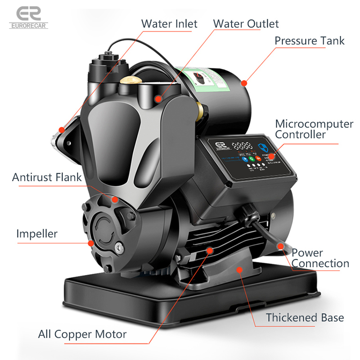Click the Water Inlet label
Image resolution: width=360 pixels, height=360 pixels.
pyautogui.click(x=169, y=24)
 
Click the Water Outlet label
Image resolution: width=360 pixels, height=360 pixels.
pyautogui.click(x=246, y=24)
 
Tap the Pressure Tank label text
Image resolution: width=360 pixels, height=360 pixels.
pyautogui.click(x=310, y=41)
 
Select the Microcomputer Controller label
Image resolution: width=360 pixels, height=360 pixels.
pyautogui.click(x=314, y=129)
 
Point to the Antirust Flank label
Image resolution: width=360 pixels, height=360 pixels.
pyautogui.click(x=47, y=177)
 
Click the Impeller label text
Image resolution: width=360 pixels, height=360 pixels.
pyautogui.click(x=37, y=234)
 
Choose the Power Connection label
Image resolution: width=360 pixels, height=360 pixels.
pyautogui.click(x=320, y=258)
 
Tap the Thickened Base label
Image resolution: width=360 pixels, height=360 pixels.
pyautogui.click(x=305, y=317)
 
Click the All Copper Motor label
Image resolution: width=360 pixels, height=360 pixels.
pyautogui.click(x=82, y=334)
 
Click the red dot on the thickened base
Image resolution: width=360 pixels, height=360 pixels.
pyautogui.click(x=239, y=270)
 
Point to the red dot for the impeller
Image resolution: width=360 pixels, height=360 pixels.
pyautogui.click(x=91, y=243)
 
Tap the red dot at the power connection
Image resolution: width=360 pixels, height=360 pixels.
pyautogui.click(x=281, y=246)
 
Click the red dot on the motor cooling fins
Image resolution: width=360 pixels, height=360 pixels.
pyautogui.click(x=209, y=249)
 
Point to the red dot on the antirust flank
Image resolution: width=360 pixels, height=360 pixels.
pyautogui.click(x=116, y=198)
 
